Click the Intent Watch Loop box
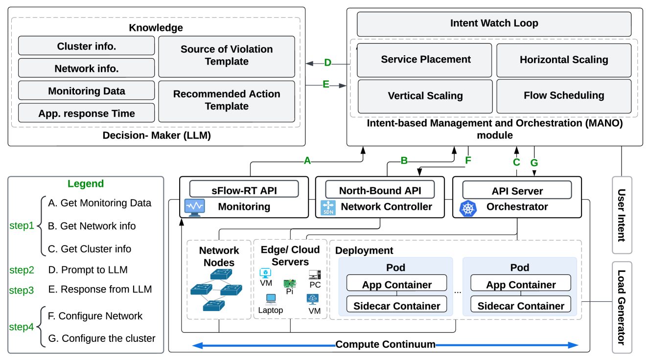pyautogui.click(x=494, y=23)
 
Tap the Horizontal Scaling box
pyautogui.click(x=563, y=60)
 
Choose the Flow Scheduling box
pyautogui.click(x=563, y=96)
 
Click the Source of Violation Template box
pyautogui.click(x=227, y=56)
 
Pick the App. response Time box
pyautogui.click(x=87, y=113)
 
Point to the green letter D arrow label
pyautogui.click(x=327, y=63)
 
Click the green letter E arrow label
pyautogui.click(x=326, y=84)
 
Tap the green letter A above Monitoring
pyautogui.click(x=307, y=160)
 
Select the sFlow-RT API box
pyautogui.click(x=244, y=190)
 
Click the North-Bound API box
pyautogui.click(x=380, y=190)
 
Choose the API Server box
pyautogui.click(x=517, y=191)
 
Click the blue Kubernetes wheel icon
pyautogui.click(x=468, y=208)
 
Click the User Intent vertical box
pyautogui.click(x=622, y=215)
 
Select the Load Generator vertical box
pyautogui.click(x=622, y=307)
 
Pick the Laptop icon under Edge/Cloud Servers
pyautogui.click(x=270, y=299)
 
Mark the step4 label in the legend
pyautogui.click(x=22, y=327)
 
